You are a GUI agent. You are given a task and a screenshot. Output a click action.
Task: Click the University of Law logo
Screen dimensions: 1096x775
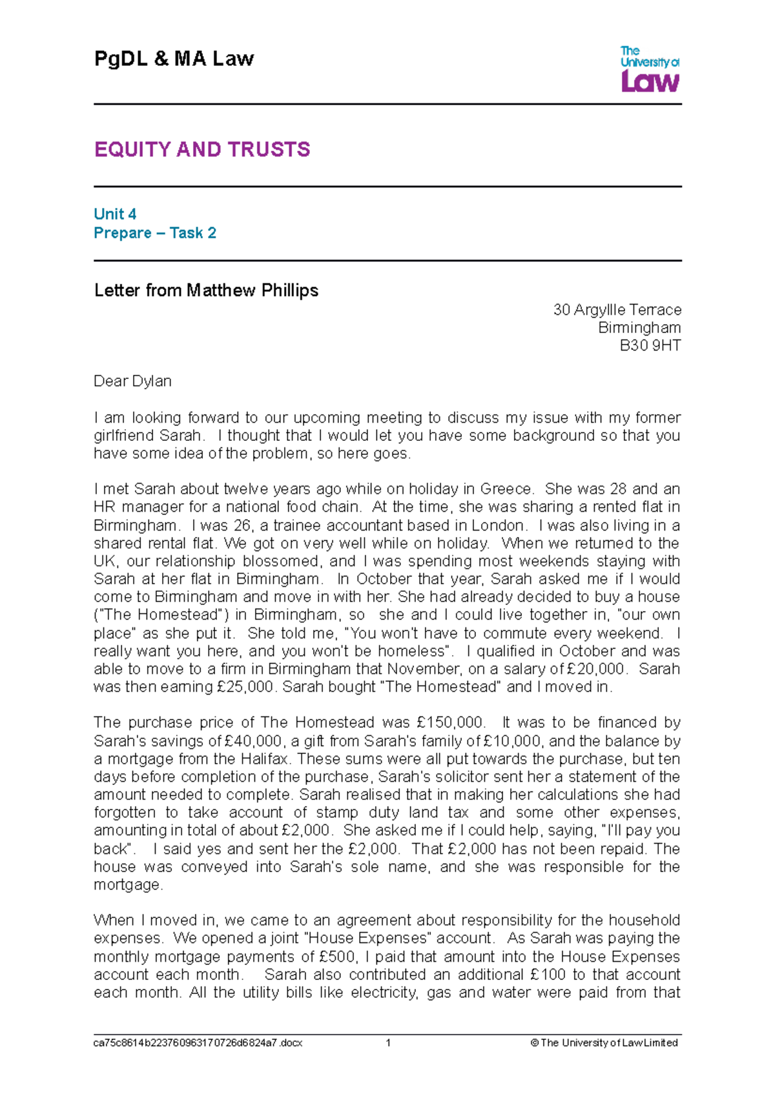tap(649, 68)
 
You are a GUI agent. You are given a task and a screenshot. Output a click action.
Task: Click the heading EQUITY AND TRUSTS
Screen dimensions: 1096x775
tap(202, 150)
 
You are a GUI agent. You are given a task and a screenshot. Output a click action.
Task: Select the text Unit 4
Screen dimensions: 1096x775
tap(115, 214)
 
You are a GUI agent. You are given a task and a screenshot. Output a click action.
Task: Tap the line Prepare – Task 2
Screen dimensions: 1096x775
tap(155, 232)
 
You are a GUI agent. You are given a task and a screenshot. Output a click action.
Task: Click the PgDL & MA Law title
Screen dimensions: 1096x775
tap(174, 59)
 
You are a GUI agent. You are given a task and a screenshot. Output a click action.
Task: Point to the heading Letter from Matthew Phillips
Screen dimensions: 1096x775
tap(206, 290)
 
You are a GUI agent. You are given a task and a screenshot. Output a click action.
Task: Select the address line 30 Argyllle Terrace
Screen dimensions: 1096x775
tap(617, 310)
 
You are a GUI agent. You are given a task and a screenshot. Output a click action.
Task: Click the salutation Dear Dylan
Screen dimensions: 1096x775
tap(132, 381)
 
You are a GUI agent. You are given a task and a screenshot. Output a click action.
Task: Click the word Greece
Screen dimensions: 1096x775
tap(507, 489)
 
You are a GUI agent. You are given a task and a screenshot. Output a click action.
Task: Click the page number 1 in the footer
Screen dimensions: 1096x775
tap(388, 1042)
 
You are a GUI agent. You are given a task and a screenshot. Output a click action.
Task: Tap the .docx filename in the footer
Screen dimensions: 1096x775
tap(198, 1042)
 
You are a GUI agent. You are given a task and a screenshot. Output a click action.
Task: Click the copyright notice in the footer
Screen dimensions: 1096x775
tap(604, 1042)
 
